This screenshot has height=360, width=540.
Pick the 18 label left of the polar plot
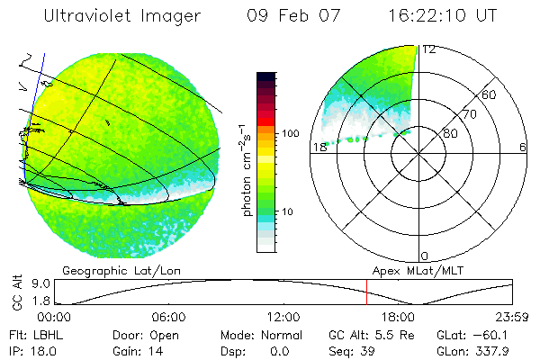pyautogui.click(x=319, y=148)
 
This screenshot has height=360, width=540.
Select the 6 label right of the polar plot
pyautogui.click(x=523, y=148)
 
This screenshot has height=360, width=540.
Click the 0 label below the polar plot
pyautogui.click(x=426, y=256)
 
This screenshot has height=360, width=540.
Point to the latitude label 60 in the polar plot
pyautogui.click(x=490, y=95)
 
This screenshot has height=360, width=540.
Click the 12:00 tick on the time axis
pyautogui.click(x=283, y=318)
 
